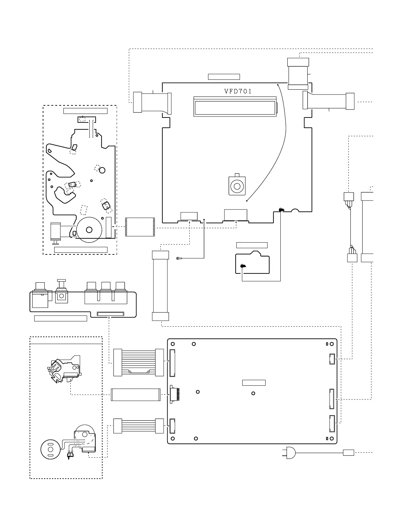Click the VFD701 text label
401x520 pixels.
point(238,92)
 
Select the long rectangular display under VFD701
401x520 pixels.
point(235,106)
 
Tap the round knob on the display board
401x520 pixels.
point(237,186)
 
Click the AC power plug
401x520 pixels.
point(290,453)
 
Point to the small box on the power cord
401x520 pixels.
point(348,453)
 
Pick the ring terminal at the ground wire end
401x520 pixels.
point(178,259)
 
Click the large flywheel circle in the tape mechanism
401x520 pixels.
point(89,229)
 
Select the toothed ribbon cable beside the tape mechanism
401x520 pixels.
point(140,227)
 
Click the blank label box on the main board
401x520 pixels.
point(254,383)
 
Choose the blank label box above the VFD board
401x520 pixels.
point(224,77)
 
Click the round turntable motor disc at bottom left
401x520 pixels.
point(51,450)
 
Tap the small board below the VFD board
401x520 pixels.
point(252,263)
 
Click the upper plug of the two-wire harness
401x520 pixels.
point(348,197)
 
